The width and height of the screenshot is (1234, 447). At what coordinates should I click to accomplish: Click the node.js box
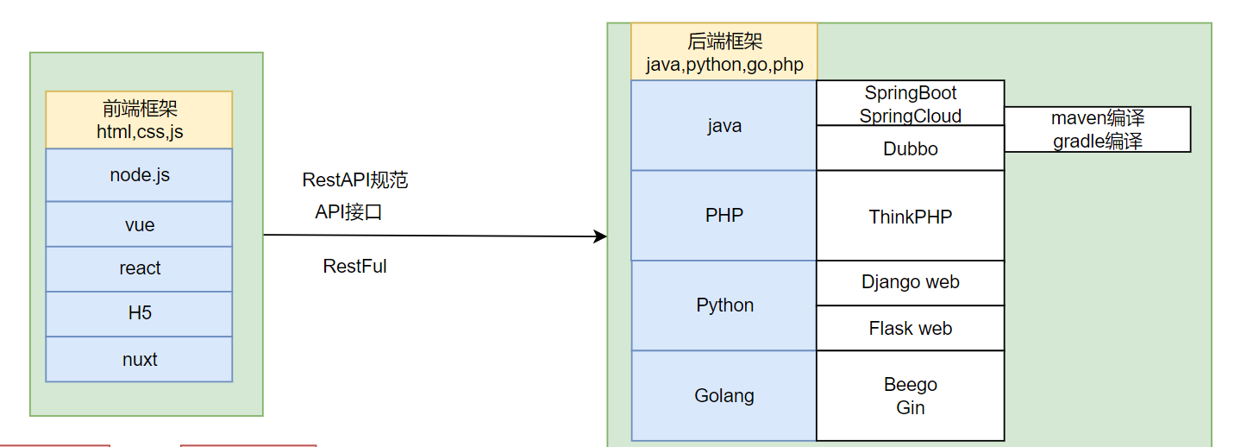[x=139, y=175]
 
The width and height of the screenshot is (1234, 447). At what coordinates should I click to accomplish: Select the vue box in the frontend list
[x=139, y=224]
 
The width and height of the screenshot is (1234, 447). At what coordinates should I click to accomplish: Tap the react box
[x=139, y=268]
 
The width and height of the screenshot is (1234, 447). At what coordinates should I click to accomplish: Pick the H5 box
[x=139, y=313]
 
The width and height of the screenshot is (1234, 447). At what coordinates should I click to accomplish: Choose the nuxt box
[x=139, y=359]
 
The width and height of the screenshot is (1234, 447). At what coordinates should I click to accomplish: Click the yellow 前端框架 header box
[x=139, y=120]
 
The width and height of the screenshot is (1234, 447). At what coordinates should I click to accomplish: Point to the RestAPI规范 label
[x=354, y=180]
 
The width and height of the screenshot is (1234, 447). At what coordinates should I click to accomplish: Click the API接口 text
[x=348, y=212]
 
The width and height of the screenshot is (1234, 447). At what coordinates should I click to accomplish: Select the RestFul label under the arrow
[x=354, y=267]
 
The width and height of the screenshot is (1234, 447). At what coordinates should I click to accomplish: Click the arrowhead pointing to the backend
[x=601, y=236]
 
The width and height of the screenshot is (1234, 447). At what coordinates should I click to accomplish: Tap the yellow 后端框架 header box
[x=724, y=52]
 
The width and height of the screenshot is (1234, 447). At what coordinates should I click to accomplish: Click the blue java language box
[x=724, y=126]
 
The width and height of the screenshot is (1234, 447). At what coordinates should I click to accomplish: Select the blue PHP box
[x=724, y=215]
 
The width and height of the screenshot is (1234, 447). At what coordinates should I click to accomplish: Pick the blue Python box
[x=724, y=305]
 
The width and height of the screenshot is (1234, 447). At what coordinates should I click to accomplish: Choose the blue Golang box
[x=724, y=395]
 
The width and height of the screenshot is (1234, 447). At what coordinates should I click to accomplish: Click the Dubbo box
[x=911, y=148]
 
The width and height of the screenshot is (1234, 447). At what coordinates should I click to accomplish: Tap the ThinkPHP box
[x=911, y=217]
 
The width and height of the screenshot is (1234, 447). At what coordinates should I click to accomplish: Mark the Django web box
[x=911, y=282]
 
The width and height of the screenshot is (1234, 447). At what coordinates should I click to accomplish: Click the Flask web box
[x=911, y=328]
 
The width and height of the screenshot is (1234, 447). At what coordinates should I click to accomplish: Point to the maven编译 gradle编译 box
[x=1097, y=129]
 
